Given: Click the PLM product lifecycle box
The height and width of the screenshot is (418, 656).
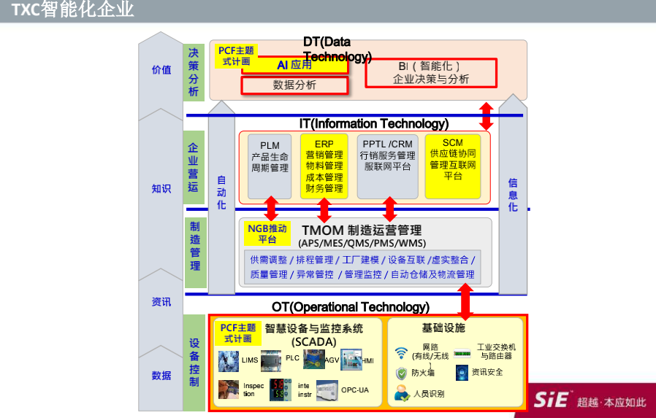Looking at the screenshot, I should point(270,166).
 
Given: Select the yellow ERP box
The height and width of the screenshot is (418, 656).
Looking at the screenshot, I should point(324,166).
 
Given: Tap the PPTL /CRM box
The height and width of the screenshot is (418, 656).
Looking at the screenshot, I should point(386,166).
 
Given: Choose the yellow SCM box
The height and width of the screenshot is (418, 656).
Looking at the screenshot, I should point(453,166).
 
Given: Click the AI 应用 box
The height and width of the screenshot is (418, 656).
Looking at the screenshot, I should point(294,64).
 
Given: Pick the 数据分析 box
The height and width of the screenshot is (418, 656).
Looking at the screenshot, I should point(294,85).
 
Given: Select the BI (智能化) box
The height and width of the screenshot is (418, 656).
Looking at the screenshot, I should point(430,72).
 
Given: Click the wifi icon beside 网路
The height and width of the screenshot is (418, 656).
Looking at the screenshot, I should point(401,354).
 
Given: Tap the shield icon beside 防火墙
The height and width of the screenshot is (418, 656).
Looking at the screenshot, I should point(401,374).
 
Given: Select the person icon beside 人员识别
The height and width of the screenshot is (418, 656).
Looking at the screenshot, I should point(401,394).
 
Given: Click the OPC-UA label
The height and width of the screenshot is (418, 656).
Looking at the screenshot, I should point(355,390).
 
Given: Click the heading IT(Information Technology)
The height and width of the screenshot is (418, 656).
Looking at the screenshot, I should point(373,124).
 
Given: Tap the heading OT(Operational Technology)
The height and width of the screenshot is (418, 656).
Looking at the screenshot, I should point(351,307).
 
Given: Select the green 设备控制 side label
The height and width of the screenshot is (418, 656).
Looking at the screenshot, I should point(194,363).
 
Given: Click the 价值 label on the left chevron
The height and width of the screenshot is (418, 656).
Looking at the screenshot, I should point(161,70).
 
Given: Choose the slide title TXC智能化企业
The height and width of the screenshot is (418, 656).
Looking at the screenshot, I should point(72,10).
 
